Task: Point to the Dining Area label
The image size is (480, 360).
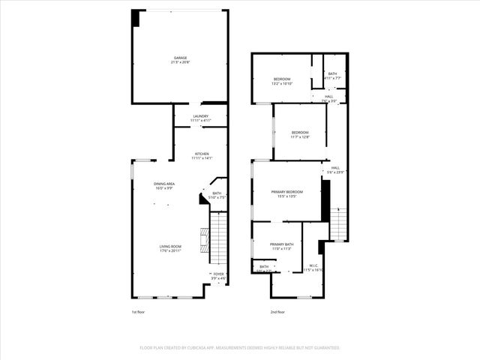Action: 164,185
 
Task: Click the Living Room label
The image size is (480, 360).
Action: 170,248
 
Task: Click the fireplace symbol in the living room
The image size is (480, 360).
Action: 202,241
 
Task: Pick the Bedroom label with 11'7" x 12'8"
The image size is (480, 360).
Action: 300,134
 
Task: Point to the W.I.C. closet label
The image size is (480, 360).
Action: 313,267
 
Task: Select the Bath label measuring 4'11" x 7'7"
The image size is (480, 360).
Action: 332,76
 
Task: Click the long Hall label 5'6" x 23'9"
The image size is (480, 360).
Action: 335,169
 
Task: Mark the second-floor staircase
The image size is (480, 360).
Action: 339,223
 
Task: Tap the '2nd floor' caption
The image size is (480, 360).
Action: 278,311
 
